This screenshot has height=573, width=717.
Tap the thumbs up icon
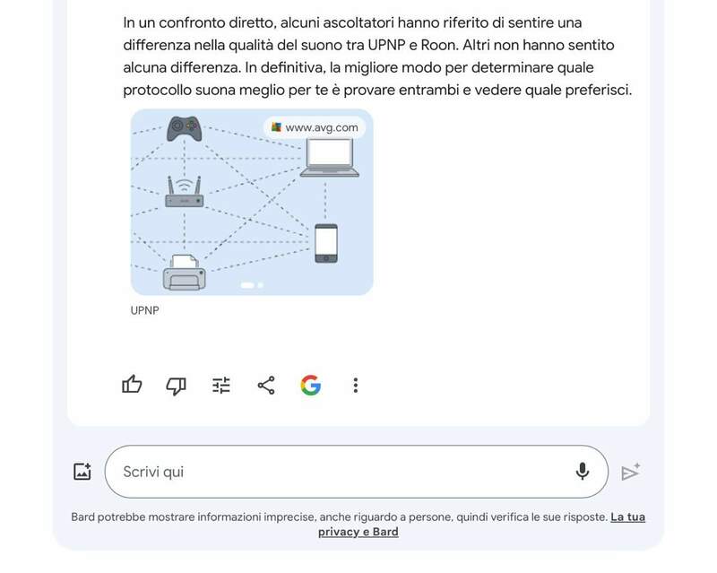(x=132, y=385)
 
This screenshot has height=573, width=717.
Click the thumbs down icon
(x=176, y=386)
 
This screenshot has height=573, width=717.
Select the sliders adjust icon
(x=221, y=386)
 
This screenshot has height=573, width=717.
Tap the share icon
(x=266, y=386)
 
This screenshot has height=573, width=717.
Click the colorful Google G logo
(x=310, y=386)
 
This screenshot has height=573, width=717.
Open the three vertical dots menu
(x=355, y=386)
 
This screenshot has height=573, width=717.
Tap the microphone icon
(x=582, y=472)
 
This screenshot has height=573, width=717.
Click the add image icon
(x=82, y=472)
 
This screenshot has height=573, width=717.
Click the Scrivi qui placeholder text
(x=153, y=472)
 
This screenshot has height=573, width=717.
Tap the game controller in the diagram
(x=184, y=128)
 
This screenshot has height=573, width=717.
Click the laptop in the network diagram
(x=330, y=158)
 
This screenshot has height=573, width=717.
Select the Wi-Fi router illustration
(x=185, y=192)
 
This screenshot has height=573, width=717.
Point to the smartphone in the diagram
(x=326, y=243)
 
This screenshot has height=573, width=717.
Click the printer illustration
(x=185, y=273)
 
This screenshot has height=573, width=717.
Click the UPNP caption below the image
(x=144, y=310)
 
